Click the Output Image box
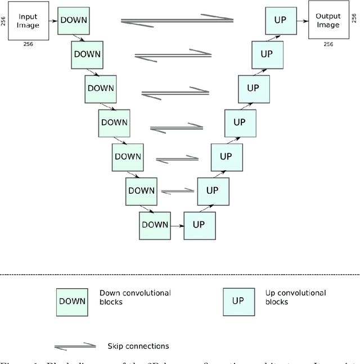tap(328, 21)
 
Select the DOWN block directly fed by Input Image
tap(74, 20)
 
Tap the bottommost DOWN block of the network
tap(154, 224)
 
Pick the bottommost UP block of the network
tap(199, 224)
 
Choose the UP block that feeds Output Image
tap(280, 20)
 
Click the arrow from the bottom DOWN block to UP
tap(177, 225)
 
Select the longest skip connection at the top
tap(177, 20)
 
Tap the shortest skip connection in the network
tap(178, 191)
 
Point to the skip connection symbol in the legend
tap(75, 345)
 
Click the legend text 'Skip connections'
tap(138, 346)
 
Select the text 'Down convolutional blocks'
tap(135, 297)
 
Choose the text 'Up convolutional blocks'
tap(295, 297)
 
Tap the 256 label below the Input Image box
tap(28, 43)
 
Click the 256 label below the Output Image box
tap(328, 44)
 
